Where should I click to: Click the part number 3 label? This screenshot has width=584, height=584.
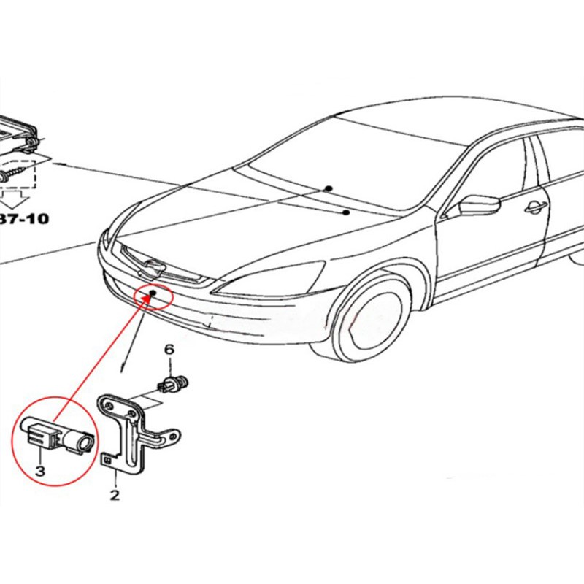39,472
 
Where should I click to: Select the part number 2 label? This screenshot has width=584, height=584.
114,496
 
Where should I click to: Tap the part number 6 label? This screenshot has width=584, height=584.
169,350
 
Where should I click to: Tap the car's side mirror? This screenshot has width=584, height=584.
477,204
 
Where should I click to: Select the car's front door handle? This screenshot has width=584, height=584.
536,207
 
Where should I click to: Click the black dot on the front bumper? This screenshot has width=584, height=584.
153,294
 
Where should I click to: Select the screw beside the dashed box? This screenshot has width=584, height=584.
15,173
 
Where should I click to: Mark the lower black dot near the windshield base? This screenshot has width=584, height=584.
345,212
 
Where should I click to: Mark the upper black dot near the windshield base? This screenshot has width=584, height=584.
329,188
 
